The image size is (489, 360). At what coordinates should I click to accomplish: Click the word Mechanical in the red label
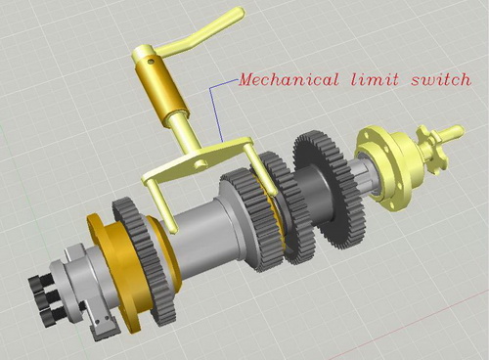(x=289, y=79)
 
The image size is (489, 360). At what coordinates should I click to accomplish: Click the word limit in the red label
(x=375, y=79)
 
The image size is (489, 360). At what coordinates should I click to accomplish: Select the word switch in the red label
(x=441, y=79)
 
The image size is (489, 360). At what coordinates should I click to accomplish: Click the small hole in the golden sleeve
(x=150, y=61)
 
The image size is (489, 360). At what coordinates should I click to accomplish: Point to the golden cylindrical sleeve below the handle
(x=159, y=87)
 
